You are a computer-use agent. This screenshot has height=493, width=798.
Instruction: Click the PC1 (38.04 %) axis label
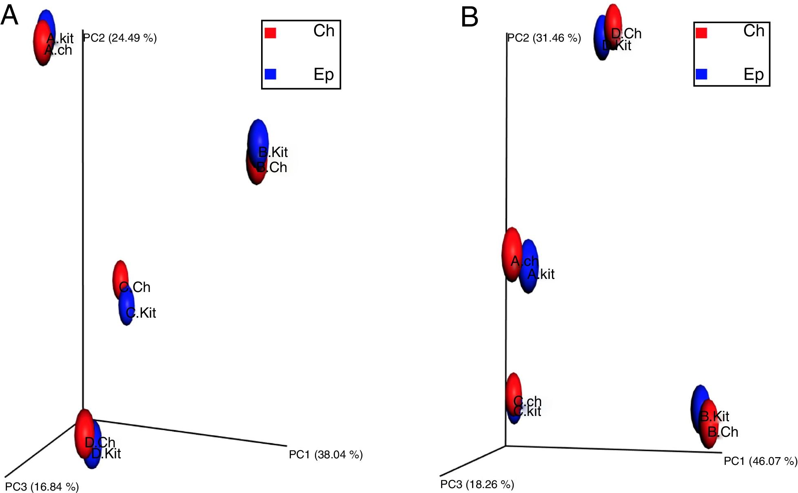pos(326,455)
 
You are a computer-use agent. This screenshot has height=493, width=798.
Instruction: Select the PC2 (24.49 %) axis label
pos(120,38)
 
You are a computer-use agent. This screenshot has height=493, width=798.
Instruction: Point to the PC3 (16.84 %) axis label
pos(42,486)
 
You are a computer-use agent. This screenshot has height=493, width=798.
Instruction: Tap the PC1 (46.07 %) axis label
pos(760,461)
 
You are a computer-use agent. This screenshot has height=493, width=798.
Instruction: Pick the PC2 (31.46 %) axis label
pos(544,38)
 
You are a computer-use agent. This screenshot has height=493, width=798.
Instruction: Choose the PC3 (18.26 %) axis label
pos(477,484)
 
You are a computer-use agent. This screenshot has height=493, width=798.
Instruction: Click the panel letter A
pos(9,15)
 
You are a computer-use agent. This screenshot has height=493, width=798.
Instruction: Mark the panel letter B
pos(469,18)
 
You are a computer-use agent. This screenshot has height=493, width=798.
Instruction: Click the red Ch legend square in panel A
pos(270,33)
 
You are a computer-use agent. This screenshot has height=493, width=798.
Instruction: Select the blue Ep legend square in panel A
pos(270,74)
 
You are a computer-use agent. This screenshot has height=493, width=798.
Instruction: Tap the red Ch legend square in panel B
pos(701,33)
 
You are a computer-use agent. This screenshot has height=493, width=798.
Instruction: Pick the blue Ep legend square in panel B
pos(701,74)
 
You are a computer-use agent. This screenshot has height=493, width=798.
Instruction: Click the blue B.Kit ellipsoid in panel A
pos(258,137)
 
